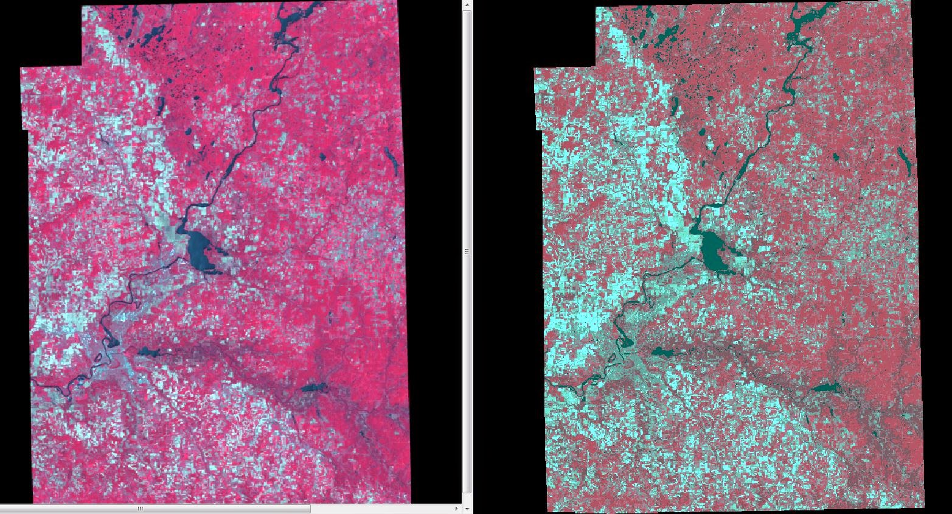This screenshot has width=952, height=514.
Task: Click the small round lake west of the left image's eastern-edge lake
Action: coord(322,157)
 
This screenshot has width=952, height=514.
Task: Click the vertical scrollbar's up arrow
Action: coord(467,4)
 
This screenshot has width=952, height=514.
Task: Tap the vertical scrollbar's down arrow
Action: coord(467,509)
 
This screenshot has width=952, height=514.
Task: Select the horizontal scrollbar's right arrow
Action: coord(457,509)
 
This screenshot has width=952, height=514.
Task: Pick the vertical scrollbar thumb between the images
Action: coord(467,251)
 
